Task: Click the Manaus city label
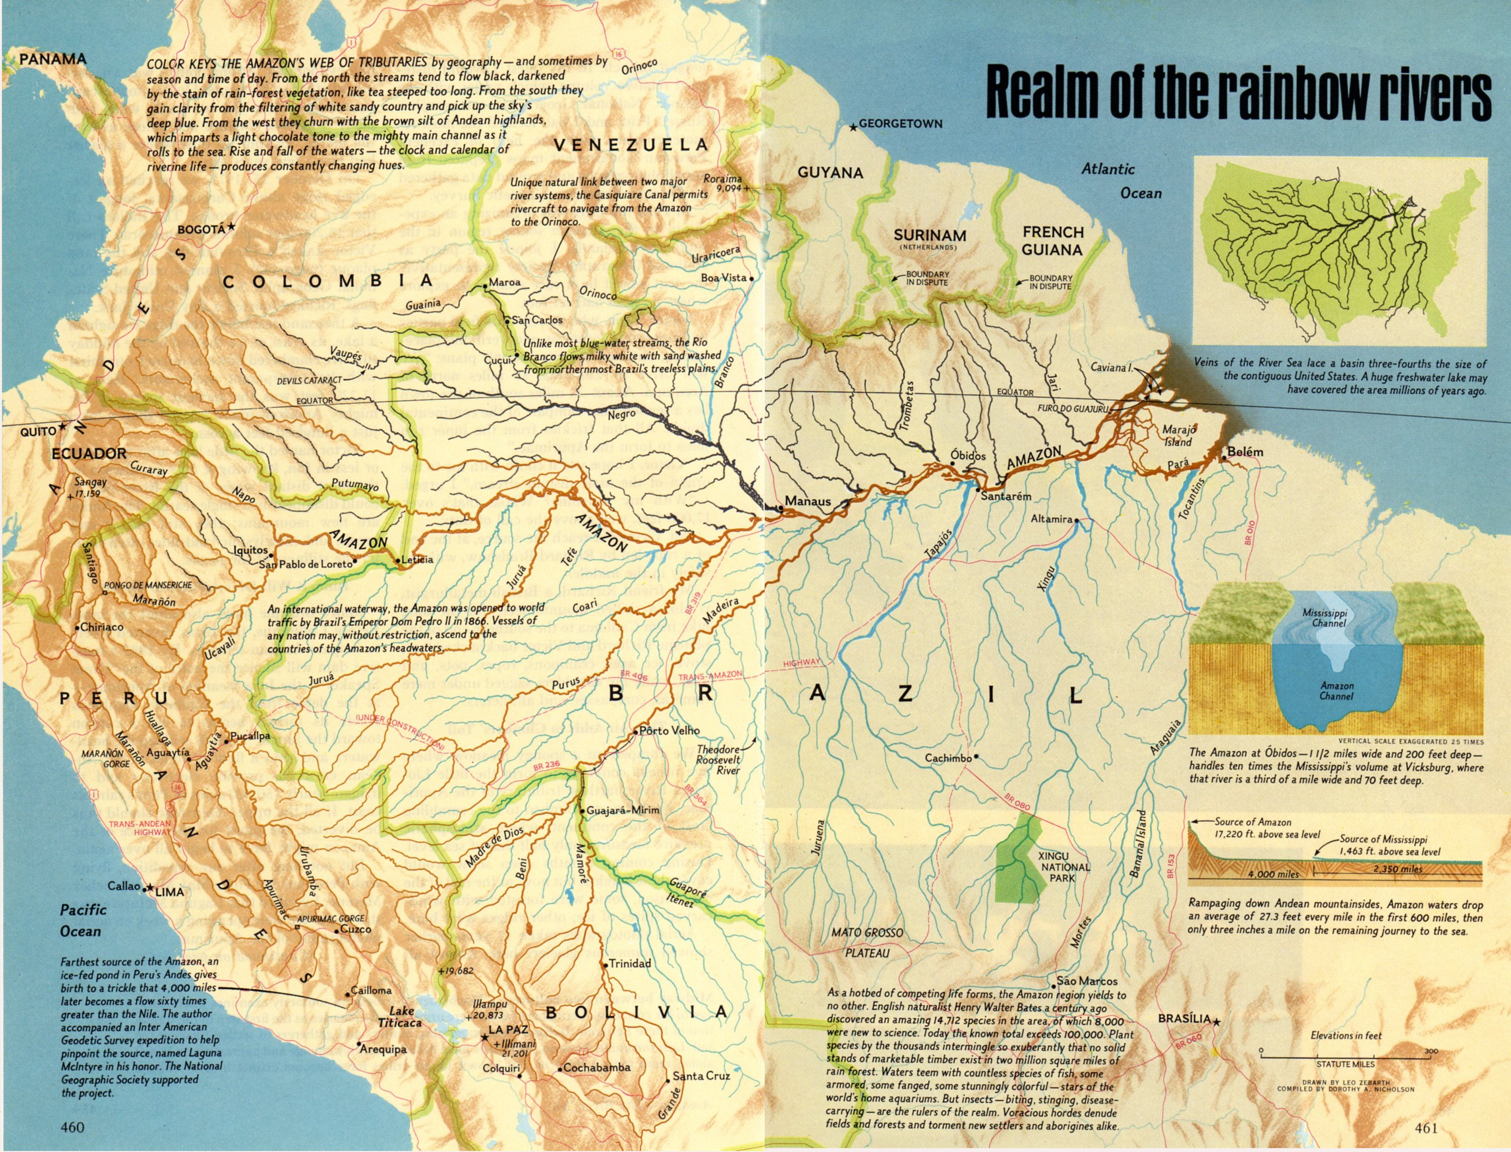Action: [807, 501]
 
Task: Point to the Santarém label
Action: [1005, 497]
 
